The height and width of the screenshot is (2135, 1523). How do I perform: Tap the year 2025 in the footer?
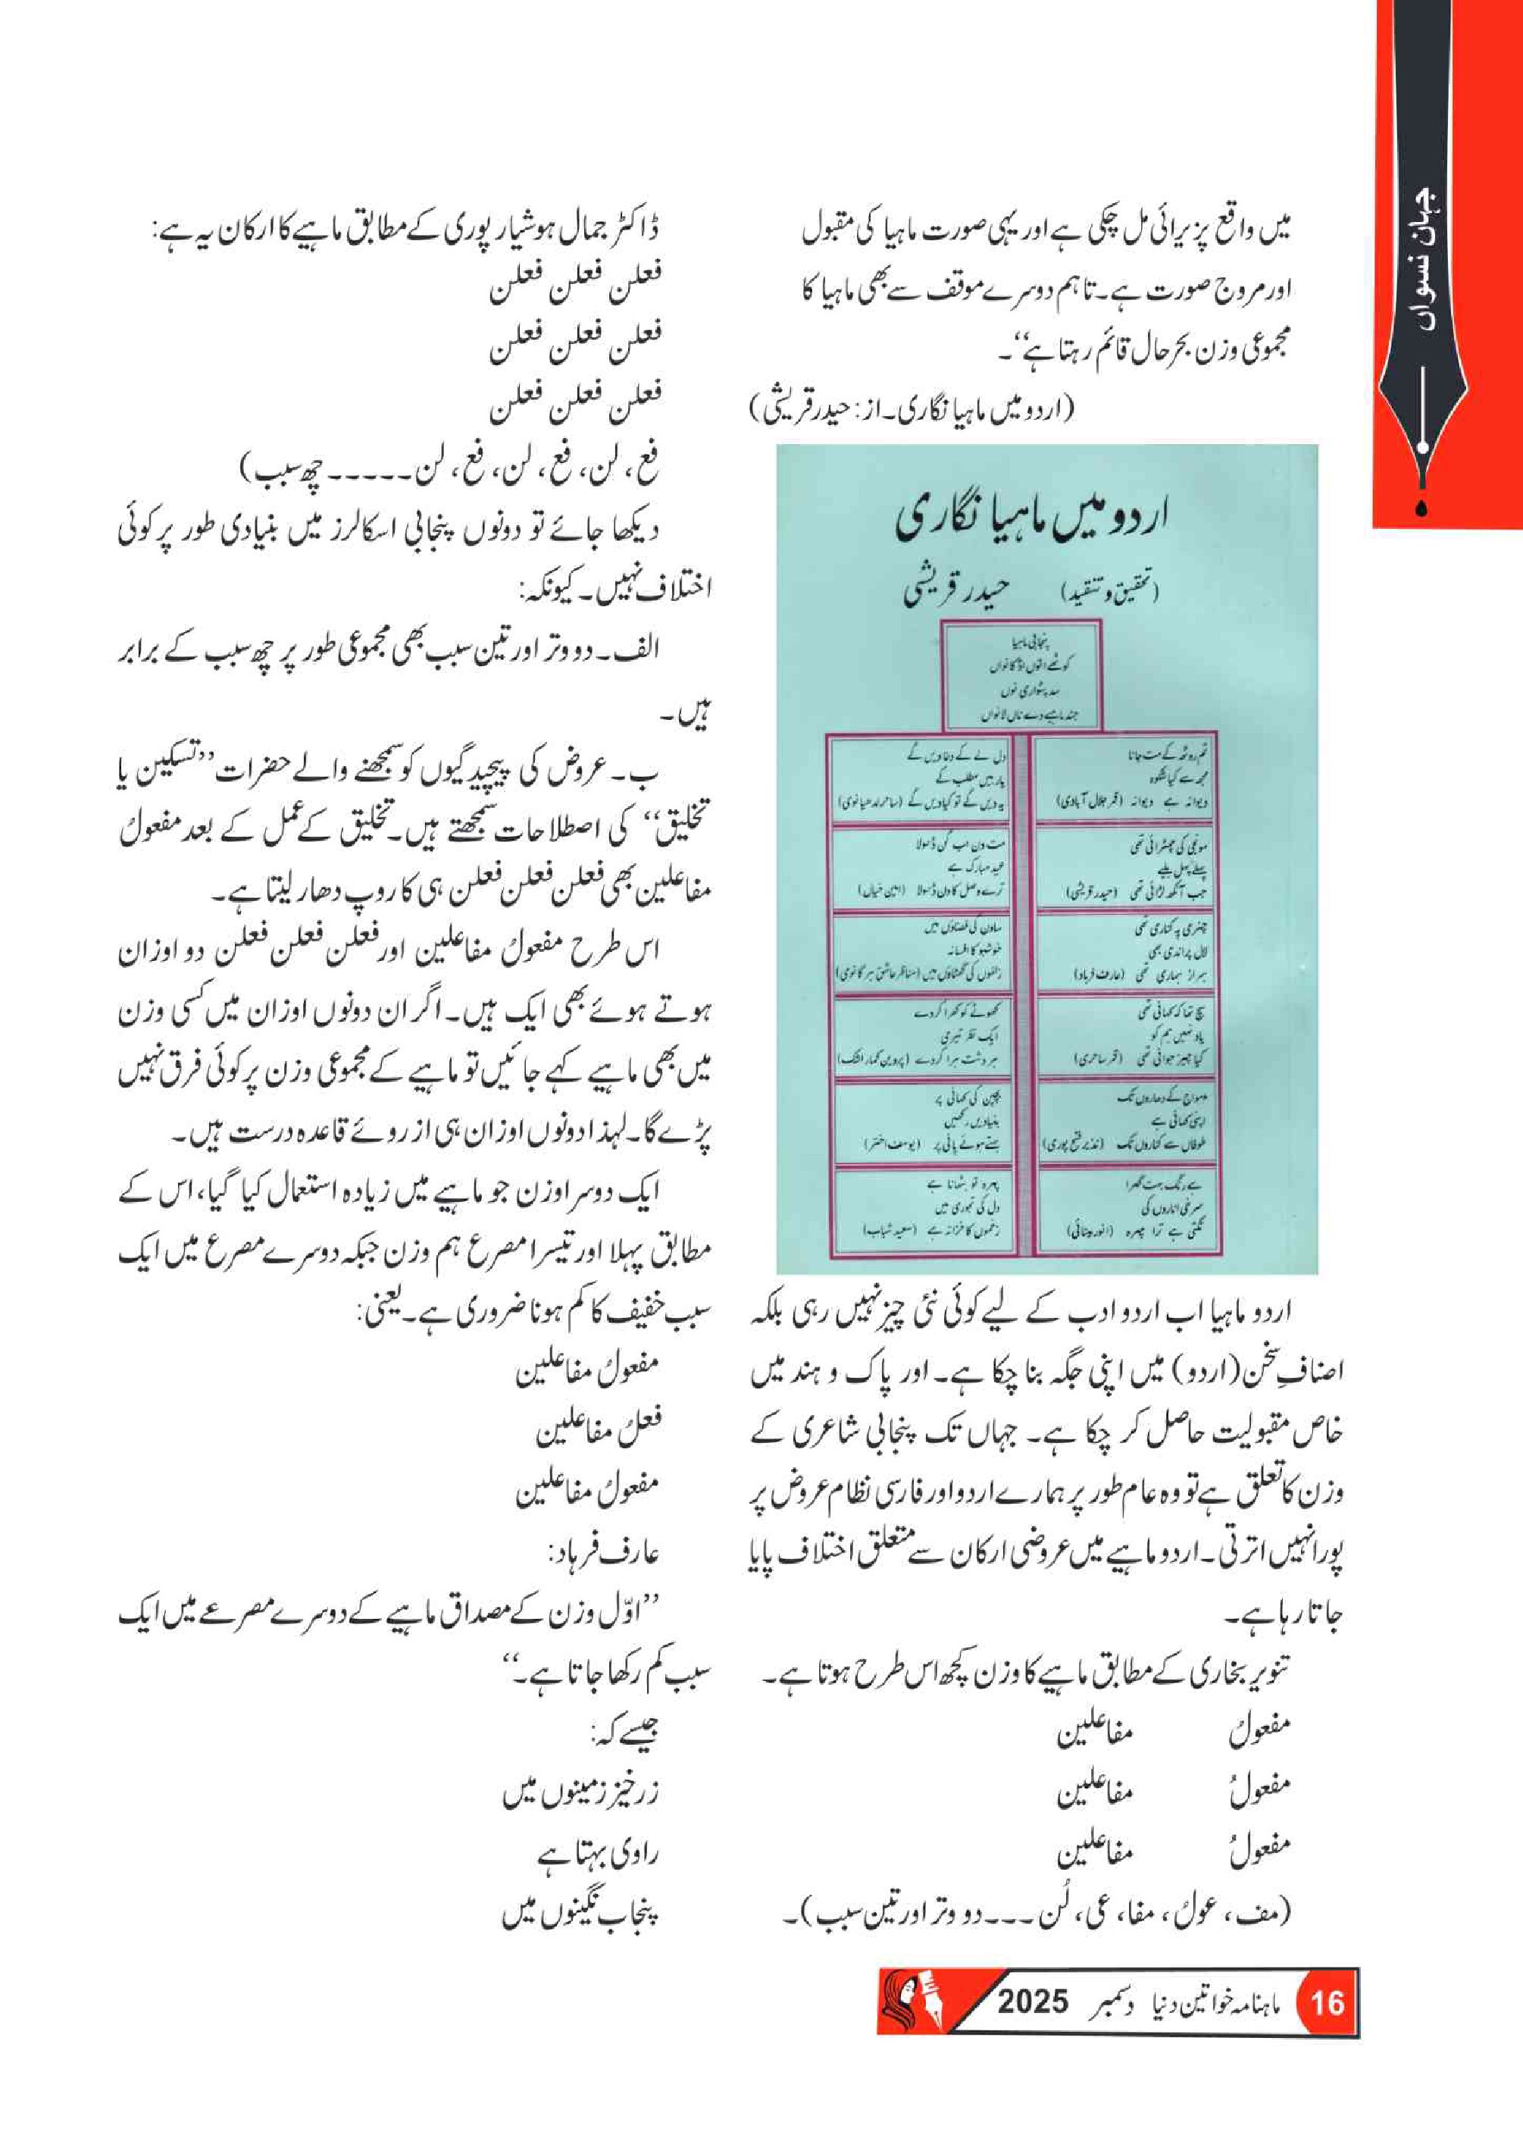coord(1031,2002)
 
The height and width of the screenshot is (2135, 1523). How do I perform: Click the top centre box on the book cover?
coord(1021,676)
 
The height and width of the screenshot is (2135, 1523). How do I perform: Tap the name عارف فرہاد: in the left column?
coord(604,1554)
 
